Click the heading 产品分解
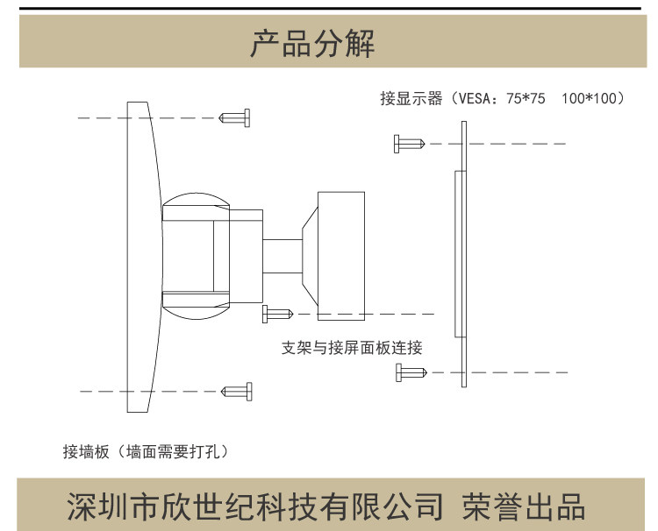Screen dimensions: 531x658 [312, 43]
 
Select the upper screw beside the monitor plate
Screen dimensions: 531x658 [409, 143]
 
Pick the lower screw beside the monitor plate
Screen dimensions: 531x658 [411, 372]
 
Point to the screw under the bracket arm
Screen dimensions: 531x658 [276, 313]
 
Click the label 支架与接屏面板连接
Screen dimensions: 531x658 [352, 348]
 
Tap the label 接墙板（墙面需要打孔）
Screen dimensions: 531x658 [146, 452]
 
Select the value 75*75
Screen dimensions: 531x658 [526, 99]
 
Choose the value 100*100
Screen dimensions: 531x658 [589, 99]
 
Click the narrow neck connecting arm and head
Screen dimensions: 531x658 [283, 257]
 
